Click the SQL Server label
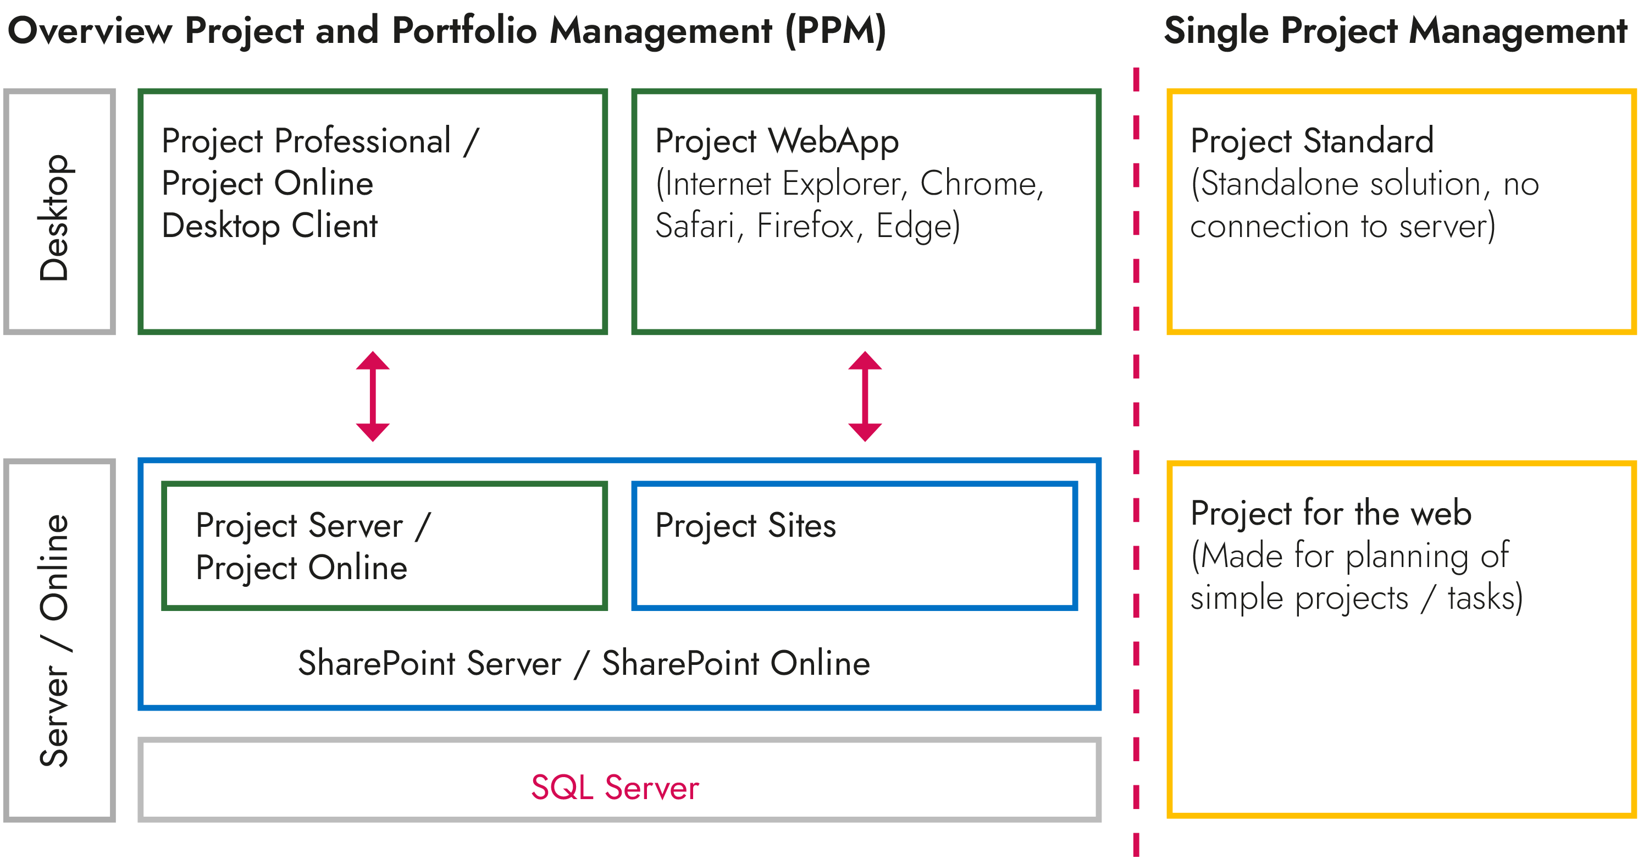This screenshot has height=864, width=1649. (x=615, y=787)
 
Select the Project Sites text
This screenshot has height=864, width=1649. (x=745, y=526)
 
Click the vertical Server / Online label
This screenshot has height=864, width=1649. (x=55, y=641)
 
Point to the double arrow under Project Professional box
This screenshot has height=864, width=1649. (x=373, y=396)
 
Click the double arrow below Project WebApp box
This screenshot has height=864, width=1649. (x=865, y=396)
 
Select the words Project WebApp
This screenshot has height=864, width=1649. (x=777, y=141)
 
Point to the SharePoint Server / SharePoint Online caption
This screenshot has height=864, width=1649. (x=584, y=663)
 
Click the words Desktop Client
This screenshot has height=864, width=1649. (x=269, y=226)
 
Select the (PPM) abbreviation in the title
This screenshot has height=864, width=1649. (x=835, y=31)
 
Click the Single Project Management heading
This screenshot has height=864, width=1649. (x=1395, y=31)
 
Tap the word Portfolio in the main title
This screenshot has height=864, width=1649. (x=464, y=31)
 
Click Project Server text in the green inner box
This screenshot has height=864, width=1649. (x=299, y=526)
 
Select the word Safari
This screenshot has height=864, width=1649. (x=695, y=226)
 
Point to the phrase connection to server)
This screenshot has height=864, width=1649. (x=1342, y=226)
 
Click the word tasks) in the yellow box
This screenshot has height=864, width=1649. (x=1485, y=598)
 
